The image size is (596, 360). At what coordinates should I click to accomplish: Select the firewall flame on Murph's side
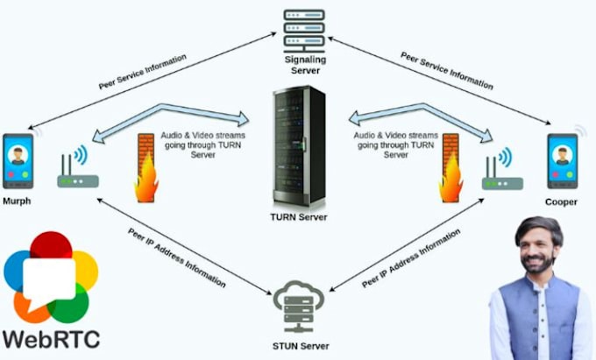(x=146, y=172)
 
